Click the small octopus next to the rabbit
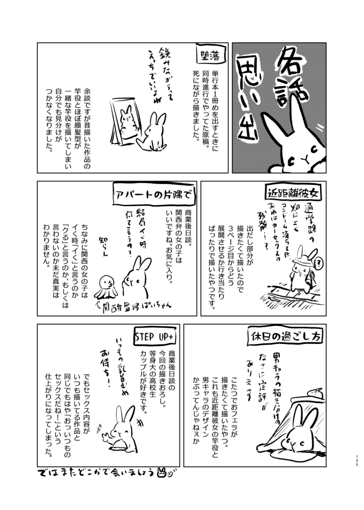coord(106,286)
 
